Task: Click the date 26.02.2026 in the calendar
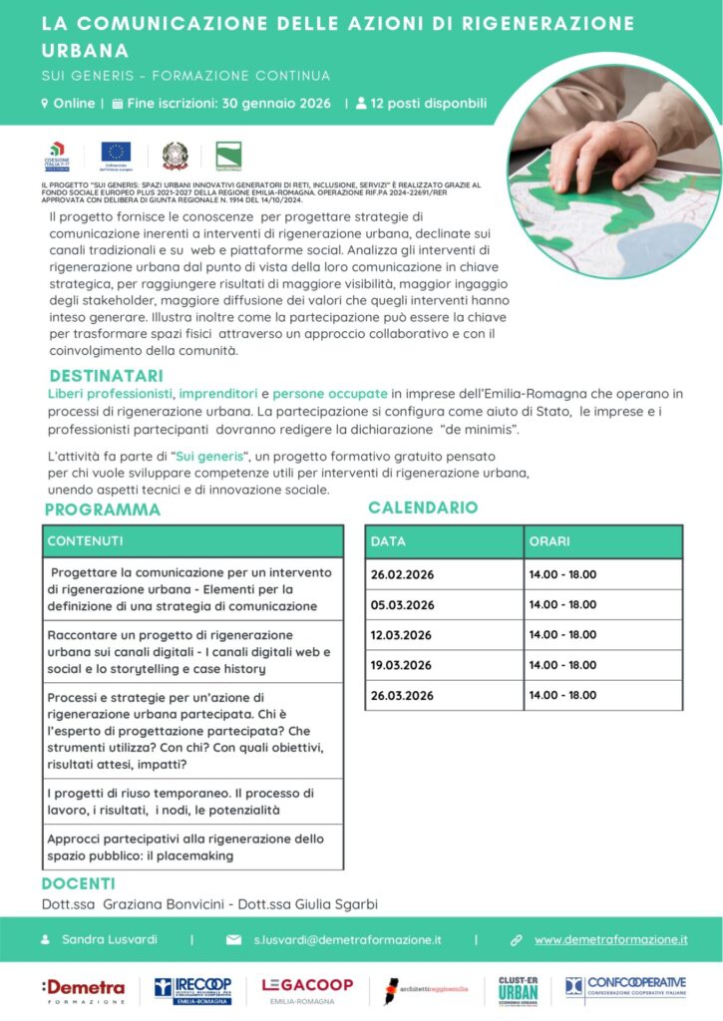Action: point(401,575)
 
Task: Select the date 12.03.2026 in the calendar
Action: point(401,635)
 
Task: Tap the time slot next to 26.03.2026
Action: point(562,695)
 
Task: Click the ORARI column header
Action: point(550,541)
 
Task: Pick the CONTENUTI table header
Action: point(86,540)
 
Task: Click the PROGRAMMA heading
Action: point(102,510)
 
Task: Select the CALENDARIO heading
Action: point(423,508)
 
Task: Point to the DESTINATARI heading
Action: point(106,376)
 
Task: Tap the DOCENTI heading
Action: point(79,883)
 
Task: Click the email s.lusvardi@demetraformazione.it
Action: point(347,939)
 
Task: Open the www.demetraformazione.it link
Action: point(610,939)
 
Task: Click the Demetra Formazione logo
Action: point(83,989)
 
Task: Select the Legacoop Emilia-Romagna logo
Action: point(307,989)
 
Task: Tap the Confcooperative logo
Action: point(626,988)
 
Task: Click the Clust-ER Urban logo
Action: point(519,989)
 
